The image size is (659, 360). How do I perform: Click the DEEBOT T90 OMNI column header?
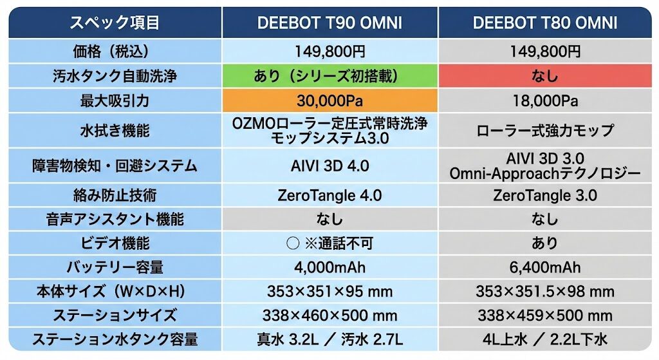click(x=329, y=23)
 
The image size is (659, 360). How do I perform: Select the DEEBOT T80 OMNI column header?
click(x=544, y=23)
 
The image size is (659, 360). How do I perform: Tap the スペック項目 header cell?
click(x=115, y=23)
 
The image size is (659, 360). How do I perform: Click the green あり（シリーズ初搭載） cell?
click(x=329, y=76)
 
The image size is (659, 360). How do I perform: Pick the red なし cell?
click(x=544, y=76)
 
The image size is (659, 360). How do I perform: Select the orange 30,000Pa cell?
click(x=329, y=101)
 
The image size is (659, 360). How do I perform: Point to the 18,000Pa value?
click(x=544, y=101)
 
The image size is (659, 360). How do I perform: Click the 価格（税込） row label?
click(x=115, y=51)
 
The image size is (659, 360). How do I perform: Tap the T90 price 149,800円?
click(x=329, y=51)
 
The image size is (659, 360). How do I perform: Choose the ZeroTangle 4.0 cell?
click(x=329, y=195)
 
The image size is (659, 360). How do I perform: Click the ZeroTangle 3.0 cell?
click(x=544, y=195)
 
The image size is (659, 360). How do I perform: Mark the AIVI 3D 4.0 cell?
click(x=329, y=166)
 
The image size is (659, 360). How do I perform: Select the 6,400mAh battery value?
click(x=544, y=267)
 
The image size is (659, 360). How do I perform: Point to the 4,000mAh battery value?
click(x=329, y=267)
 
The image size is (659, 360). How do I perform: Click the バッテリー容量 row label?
click(x=115, y=267)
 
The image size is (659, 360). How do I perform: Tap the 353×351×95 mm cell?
click(x=329, y=291)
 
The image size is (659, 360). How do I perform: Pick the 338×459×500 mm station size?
click(x=544, y=316)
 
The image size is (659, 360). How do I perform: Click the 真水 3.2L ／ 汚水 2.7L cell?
click(x=329, y=339)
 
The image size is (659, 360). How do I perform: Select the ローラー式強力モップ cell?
click(x=544, y=131)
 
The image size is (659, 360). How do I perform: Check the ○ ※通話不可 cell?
click(x=329, y=243)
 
